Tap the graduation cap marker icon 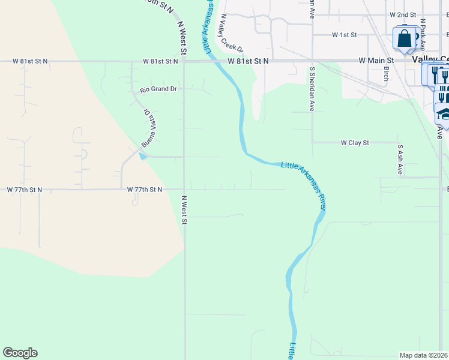point(443,113)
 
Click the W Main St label point(376,61)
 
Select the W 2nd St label point(403,14)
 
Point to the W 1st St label point(345,35)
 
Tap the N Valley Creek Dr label point(231,33)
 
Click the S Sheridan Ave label point(312,89)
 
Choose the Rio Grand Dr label point(158,89)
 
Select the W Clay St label point(354,143)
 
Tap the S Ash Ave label point(399,159)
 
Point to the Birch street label point(385,73)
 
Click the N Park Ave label point(423,33)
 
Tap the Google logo point(20,353)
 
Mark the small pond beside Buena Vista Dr point(142,157)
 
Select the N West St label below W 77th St point(185,210)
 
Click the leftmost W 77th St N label point(25,190)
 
